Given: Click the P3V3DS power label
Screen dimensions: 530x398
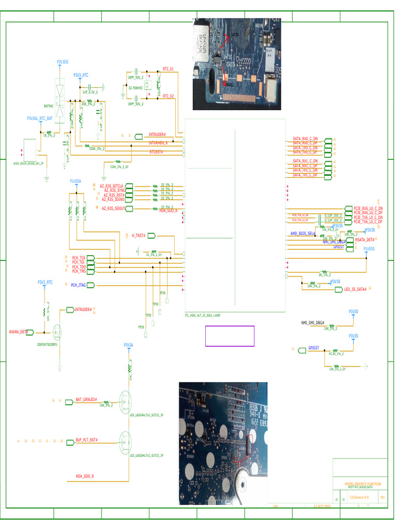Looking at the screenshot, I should coord(62,62).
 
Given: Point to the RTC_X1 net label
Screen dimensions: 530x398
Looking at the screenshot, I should coord(168,68).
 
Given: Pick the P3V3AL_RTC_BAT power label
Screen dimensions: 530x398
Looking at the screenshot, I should coord(40,119).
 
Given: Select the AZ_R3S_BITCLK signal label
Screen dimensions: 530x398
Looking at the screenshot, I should coord(112,185).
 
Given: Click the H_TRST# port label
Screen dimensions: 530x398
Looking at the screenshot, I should coord(138,235).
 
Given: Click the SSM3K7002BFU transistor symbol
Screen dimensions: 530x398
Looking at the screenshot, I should coord(56,332).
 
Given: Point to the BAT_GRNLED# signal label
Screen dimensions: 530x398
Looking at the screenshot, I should coord(87,400).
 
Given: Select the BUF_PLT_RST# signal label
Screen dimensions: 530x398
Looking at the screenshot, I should coord(87,440).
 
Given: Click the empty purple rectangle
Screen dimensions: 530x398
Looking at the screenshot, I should coord(230,336).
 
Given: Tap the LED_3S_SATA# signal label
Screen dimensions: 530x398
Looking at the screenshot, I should coord(356,289).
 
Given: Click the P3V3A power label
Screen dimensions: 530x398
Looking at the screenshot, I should coord(128,345).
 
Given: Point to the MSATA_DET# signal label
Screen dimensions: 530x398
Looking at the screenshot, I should coord(364,240).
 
